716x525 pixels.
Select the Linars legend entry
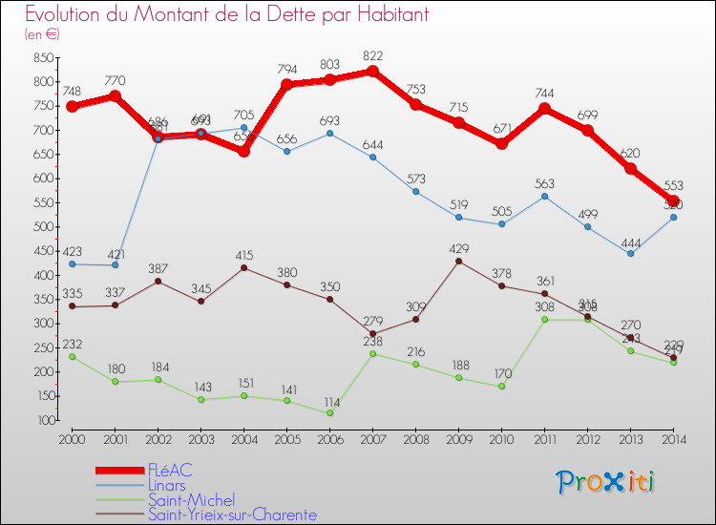[x=166, y=485]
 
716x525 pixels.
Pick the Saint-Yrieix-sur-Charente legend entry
[x=230, y=514]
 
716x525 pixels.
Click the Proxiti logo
[x=606, y=482]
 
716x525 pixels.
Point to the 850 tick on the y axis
[x=41, y=57]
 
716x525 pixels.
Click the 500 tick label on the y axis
[x=41, y=227]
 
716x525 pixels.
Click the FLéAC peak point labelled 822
[x=372, y=72]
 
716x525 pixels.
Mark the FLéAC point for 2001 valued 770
[x=115, y=96]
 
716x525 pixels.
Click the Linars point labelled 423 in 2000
[x=72, y=264]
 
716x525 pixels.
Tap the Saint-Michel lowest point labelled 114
[x=329, y=413]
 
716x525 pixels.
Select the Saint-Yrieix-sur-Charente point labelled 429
[x=458, y=262]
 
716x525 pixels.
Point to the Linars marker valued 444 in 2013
[x=630, y=254]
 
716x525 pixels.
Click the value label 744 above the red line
[x=544, y=94]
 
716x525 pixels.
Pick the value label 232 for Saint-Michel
[x=72, y=344]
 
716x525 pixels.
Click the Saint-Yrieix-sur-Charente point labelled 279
[x=372, y=334]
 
